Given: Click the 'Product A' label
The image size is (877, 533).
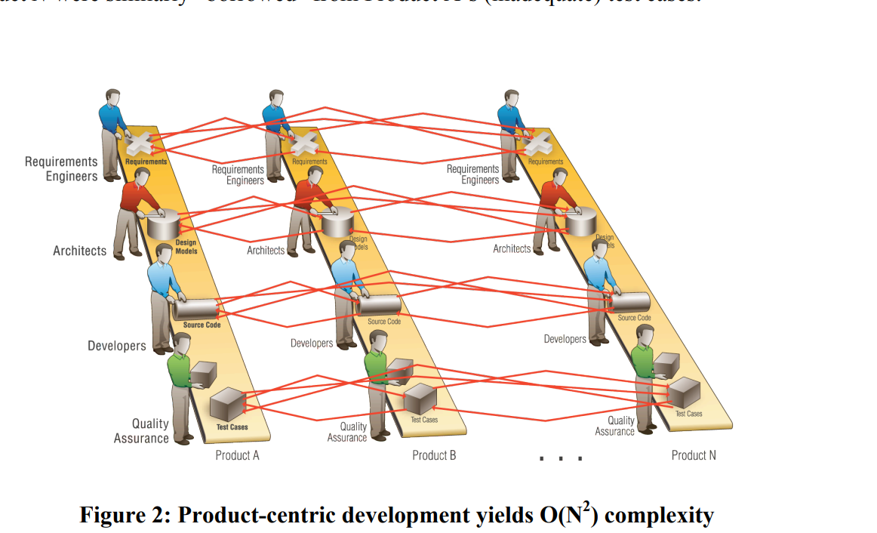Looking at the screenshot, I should coord(237,455).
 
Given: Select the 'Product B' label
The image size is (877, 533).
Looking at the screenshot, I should coord(434,455).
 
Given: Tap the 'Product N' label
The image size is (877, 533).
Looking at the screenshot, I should coord(694,455).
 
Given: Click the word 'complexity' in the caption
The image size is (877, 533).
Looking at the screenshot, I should coord(659,515).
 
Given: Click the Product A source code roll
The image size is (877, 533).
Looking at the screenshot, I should coord(195,308).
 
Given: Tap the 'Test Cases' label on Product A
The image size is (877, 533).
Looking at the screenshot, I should coord(232,427).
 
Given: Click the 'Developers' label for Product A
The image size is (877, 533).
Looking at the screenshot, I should coord(117,346).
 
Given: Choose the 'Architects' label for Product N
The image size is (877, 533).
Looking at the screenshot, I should coord(512,248).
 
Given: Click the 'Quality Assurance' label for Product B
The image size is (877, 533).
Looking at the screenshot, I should coord(348,433).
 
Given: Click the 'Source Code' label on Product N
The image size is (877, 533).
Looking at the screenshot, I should coord(634,318).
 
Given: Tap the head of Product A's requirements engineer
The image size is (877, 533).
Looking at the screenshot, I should coord(112,98).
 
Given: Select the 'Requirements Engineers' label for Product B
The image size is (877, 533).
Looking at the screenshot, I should coord(238,175).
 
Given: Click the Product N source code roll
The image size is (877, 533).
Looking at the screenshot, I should coord(629,302).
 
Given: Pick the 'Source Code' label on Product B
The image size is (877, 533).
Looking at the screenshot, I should coord(384,322).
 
